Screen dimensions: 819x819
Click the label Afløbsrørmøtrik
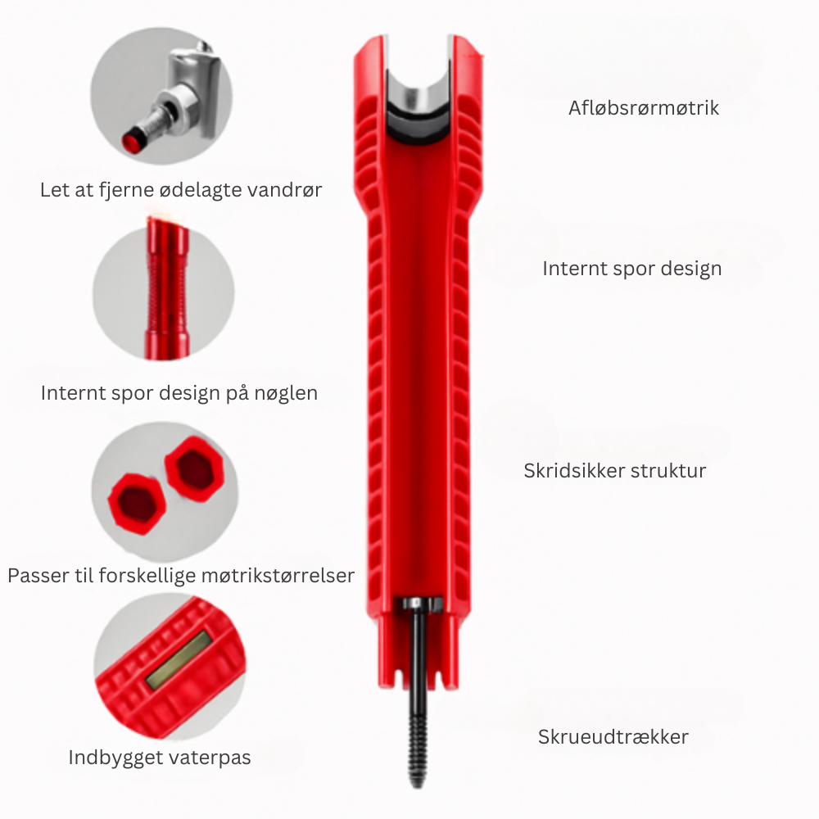644,108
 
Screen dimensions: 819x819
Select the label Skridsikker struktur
614,471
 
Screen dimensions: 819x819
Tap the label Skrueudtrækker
613,736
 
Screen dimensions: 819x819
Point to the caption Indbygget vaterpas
160,757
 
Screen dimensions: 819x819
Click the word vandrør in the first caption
287,190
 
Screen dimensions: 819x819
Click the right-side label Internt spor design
631,268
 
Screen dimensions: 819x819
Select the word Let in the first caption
53,190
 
